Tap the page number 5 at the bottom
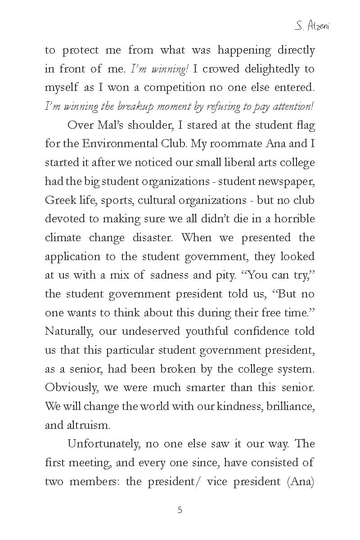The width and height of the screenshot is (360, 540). (180, 510)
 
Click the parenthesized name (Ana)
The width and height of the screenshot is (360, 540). (301, 481)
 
